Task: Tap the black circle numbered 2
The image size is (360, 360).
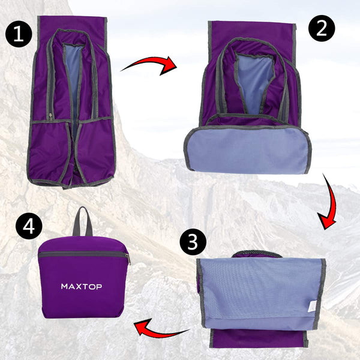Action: (x=321, y=29)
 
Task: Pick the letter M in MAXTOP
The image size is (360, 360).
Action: (x=65, y=286)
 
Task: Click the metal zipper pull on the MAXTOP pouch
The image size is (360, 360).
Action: (x=127, y=258)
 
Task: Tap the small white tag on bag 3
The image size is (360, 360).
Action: (x=310, y=306)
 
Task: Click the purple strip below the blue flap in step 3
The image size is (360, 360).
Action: (x=258, y=337)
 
